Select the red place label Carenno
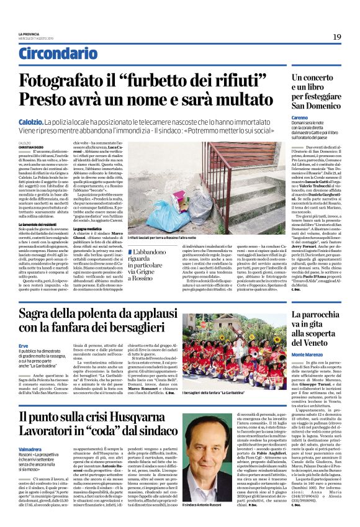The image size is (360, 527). [301, 117]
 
